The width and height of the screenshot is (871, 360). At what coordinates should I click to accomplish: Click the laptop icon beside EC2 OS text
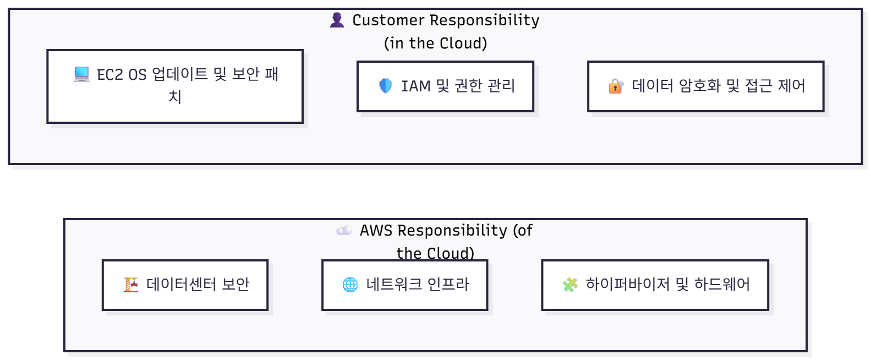pyautogui.click(x=82, y=74)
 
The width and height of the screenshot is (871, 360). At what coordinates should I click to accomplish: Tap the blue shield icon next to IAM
pyautogui.click(x=386, y=86)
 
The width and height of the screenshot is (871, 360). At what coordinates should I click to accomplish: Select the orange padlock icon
pyautogui.click(x=616, y=86)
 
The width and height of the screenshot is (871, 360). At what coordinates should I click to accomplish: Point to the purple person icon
pyautogui.click(x=337, y=20)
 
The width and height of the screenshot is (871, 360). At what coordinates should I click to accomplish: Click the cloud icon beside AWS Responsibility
pyautogui.click(x=344, y=230)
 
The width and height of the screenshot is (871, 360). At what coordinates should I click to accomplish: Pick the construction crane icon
pyautogui.click(x=131, y=285)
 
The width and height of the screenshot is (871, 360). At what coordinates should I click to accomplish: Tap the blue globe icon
pyautogui.click(x=350, y=285)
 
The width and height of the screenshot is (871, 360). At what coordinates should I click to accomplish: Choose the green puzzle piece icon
pyautogui.click(x=570, y=285)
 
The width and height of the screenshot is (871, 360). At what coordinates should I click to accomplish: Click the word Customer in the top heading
pyautogui.click(x=388, y=20)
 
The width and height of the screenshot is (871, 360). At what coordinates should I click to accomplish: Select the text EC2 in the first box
pyautogui.click(x=110, y=74)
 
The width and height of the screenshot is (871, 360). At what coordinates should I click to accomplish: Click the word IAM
pyautogui.click(x=416, y=86)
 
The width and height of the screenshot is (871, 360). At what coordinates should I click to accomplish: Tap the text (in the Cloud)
pyautogui.click(x=435, y=43)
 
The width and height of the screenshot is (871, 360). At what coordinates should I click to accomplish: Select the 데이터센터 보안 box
pyautogui.click(x=185, y=285)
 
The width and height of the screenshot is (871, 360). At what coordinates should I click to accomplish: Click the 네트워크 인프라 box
pyautogui.click(x=404, y=285)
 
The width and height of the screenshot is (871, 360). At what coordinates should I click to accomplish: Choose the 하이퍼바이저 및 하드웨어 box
pyautogui.click(x=655, y=285)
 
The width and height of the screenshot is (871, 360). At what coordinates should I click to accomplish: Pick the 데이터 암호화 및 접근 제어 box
pyautogui.click(x=705, y=86)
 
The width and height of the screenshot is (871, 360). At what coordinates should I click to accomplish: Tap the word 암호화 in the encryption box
pyautogui.click(x=699, y=86)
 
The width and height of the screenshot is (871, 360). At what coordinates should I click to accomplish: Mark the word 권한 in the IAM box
pyautogui.click(x=468, y=86)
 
